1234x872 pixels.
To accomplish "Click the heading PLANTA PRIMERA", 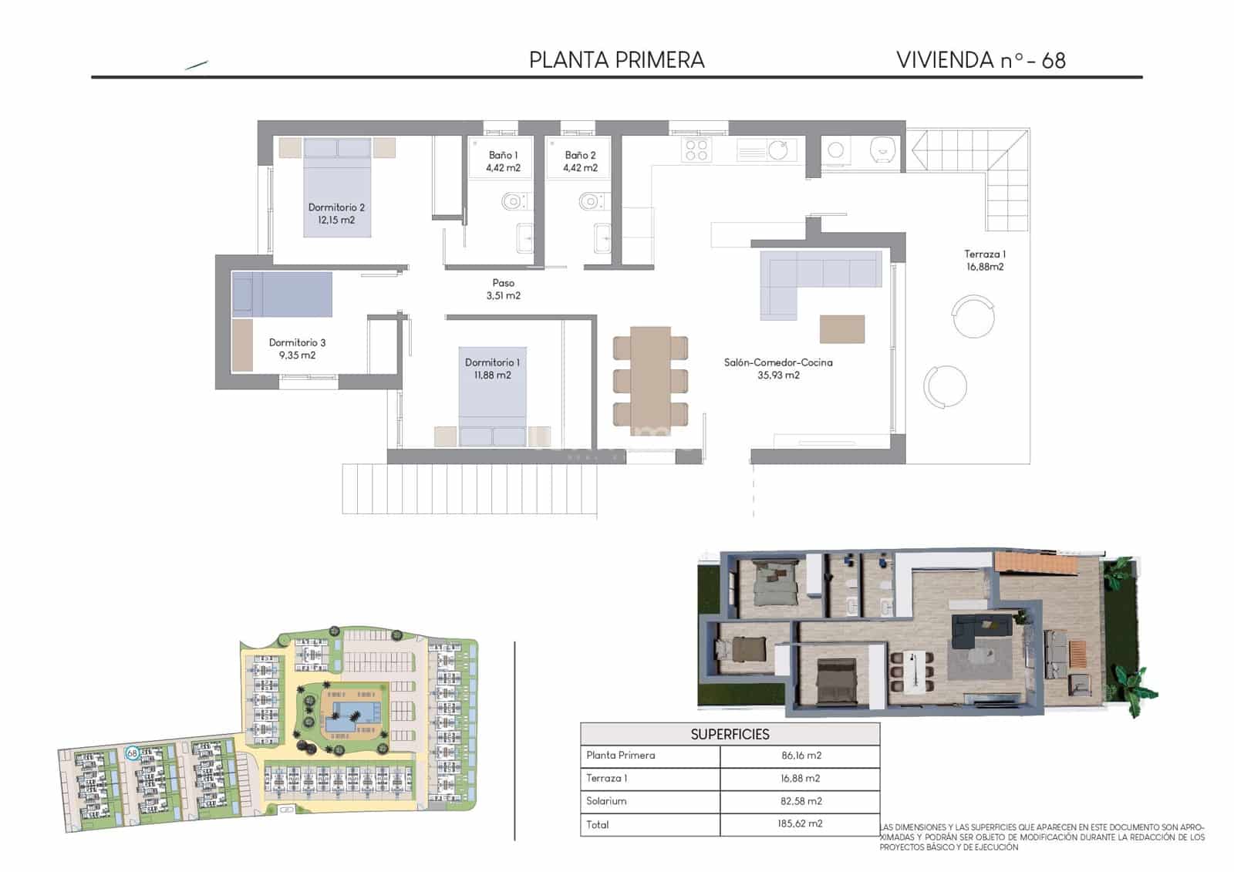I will (x=616, y=60).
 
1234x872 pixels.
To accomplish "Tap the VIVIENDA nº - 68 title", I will (x=980, y=60).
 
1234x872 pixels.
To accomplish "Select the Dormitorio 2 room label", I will (x=336, y=214).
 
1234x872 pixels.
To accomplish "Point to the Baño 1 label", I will (x=503, y=161).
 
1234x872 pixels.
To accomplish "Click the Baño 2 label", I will (x=580, y=161).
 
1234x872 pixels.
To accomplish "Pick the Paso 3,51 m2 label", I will (x=503, y=289).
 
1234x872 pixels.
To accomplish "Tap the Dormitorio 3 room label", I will (x=297, y=348).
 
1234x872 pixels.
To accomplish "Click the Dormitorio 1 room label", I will (x=492, y=369).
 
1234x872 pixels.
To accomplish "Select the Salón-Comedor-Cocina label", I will (x=778, y=369).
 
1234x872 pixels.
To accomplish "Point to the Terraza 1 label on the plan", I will (x=985, y=260).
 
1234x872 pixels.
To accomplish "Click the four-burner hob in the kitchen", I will (x=696, y=150).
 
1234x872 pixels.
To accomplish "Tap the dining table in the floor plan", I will (x=650, y=376).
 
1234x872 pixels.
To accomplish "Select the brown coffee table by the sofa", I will (x=841, y=329).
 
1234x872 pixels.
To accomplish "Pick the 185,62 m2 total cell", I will (x=800, y=823).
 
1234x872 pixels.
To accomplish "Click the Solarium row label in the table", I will (x=606, y=801).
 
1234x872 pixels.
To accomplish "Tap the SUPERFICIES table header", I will (x=730, y=734).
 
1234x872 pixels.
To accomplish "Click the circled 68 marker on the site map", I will (x=132, y=752).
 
